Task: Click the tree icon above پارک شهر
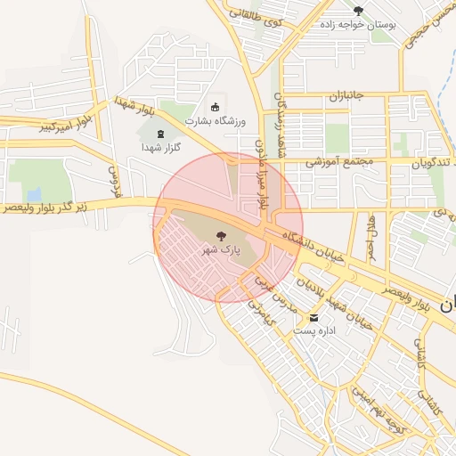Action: [x=221, y=236]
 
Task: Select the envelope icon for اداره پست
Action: [x=313, y=318]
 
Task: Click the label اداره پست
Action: [x=313, y=331]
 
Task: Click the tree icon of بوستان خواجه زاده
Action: [x=358, y=12]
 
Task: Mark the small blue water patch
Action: [x=34, y=193]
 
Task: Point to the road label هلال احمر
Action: [x=372, y=232]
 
